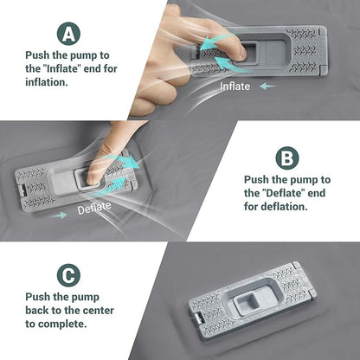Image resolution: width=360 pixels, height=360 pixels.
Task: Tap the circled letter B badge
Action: (x=286, y=157)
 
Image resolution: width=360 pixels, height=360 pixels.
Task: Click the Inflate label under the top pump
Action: (x=236, y=87)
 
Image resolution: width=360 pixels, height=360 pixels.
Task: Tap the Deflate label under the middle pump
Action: (x=94, y=209)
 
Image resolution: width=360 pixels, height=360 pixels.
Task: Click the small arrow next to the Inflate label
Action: (x=268, y=87)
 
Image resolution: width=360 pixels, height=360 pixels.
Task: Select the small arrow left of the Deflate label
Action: (x=59, y=214)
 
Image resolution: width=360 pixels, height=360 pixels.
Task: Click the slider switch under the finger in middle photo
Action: (x=89, y=177)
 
